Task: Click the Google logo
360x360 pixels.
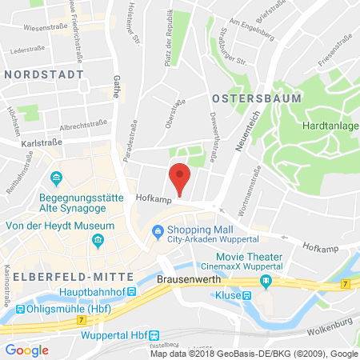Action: point(26,349)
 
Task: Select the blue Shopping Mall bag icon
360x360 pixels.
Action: point(158,233)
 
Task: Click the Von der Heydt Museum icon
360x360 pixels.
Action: point(97,238)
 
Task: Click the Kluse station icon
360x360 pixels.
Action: point(248,296)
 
